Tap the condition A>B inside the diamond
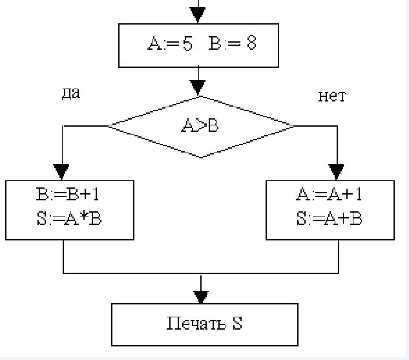[200, 125]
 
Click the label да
[70, 94]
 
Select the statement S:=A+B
[330, 218]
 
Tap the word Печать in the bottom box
[192, 324]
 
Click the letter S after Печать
[237, 324]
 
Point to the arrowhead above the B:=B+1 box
[61, 171]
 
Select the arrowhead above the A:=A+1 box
[337, 171]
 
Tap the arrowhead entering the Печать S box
[202, 296]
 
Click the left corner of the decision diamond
[109, 125]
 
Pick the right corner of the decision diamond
[295, 125]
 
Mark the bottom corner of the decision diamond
[200, 157]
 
